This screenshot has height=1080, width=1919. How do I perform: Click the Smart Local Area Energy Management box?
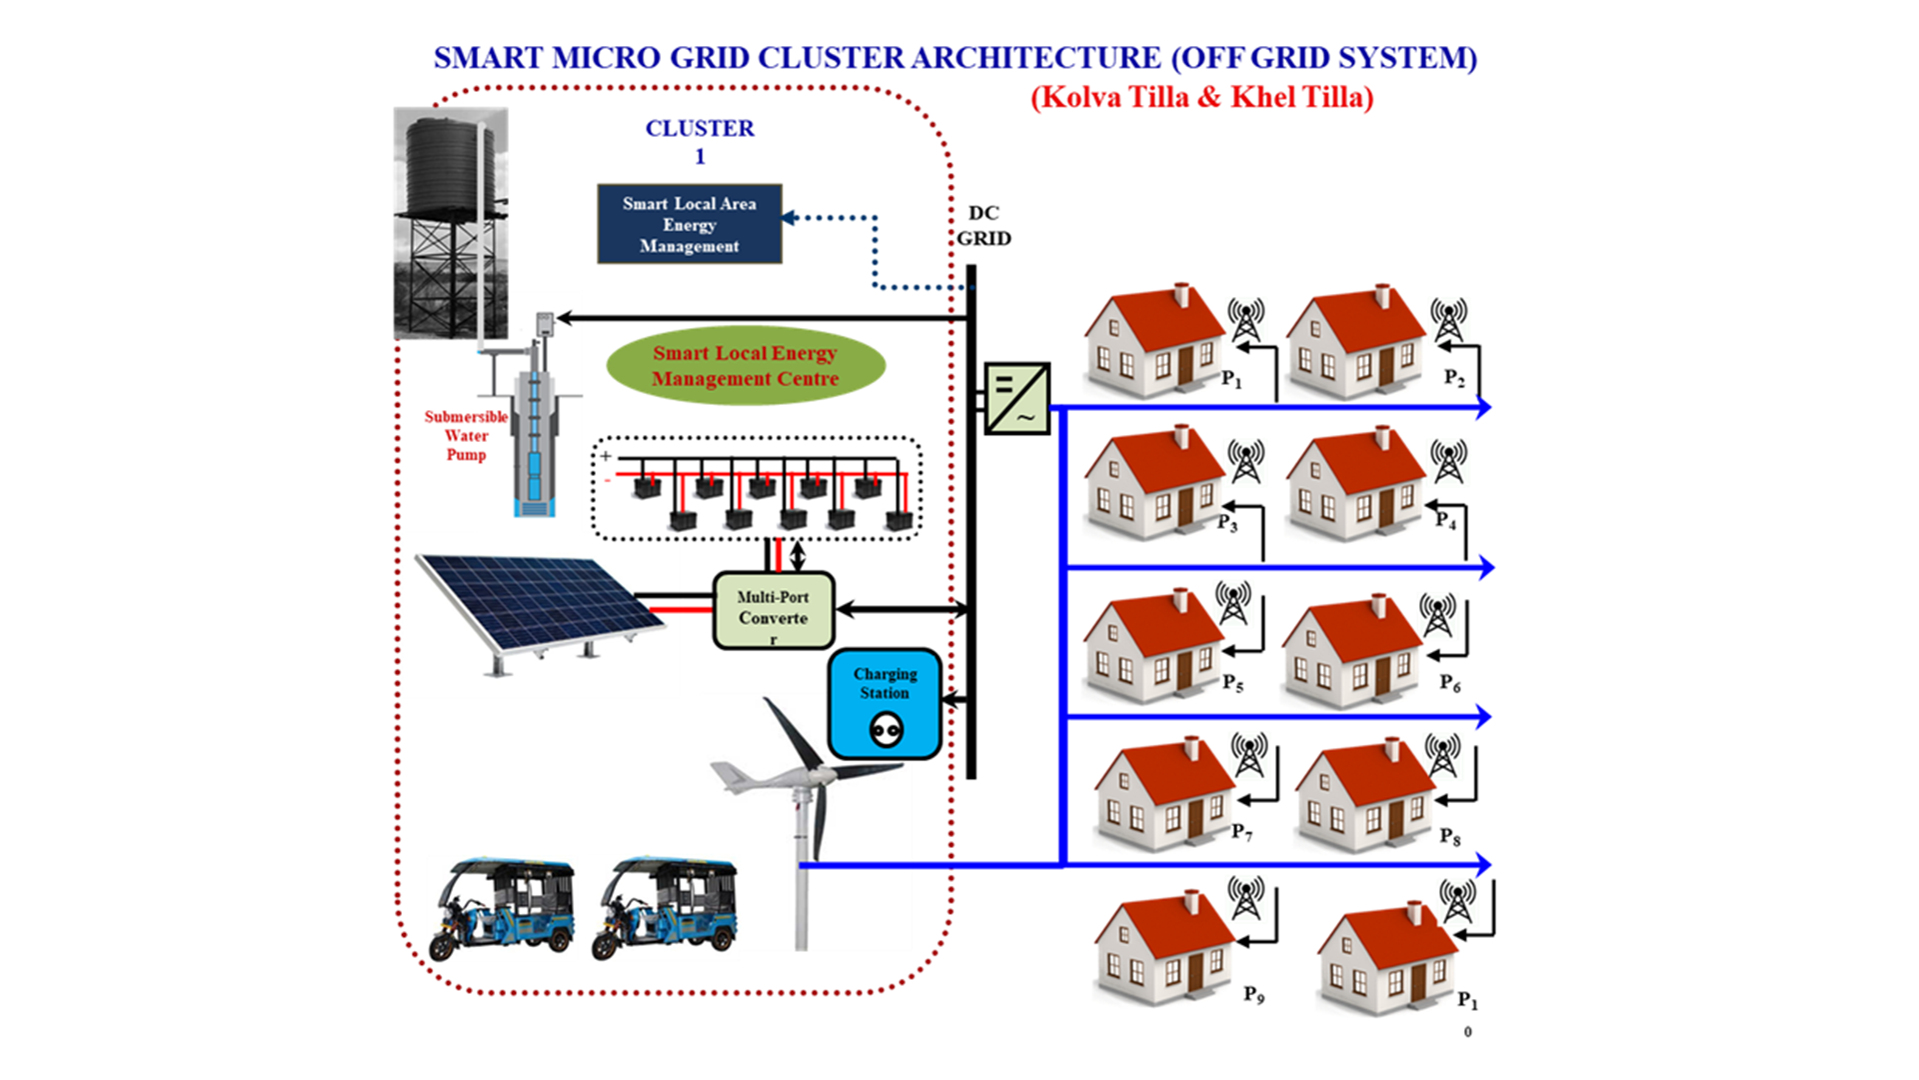(x=689, y=224)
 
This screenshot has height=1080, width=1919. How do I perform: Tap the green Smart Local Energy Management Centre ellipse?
(x=746, y=366)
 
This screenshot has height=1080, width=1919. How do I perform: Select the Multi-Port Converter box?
(x=774, y=609)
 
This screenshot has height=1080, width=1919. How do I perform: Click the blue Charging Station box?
(x=885, y=704)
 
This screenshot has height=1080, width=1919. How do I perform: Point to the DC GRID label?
(x=983, y=226)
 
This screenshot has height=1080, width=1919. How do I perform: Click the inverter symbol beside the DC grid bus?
(x=1016, y=398)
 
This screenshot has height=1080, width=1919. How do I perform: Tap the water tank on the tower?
(x=450, y=165)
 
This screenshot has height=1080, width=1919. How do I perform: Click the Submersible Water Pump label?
(x=466, y=435)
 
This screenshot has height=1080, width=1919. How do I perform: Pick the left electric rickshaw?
(x=502, y=908)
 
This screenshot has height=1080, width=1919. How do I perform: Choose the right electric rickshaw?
(x=666, y=908)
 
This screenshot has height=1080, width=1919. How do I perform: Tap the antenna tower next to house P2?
(x=1448, y=320)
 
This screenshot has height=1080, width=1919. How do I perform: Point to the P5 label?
(x=1233, y=683)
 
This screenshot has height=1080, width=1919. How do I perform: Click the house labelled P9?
(x=1164, y=948)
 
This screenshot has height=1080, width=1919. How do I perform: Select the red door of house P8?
(x=1396, y=822)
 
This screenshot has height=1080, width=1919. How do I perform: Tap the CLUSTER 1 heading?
(x=700, y=141)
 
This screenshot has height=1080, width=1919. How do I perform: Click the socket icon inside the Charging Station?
(x=886, y=730)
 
